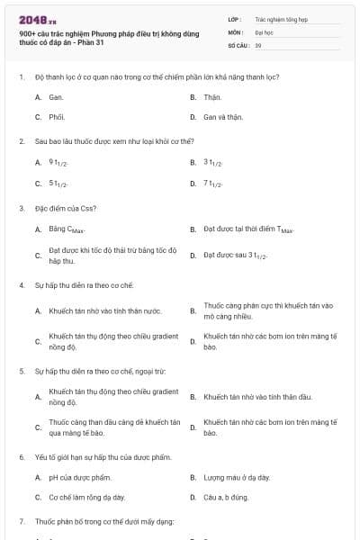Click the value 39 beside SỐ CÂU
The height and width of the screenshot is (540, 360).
[x=258, y=44]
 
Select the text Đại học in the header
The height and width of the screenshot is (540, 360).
[x=264, y=31]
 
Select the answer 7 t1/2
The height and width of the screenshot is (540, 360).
[x=214, y=184]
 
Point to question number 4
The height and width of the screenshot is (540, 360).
[x=21, y=285]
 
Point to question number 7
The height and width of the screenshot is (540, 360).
[x=21, y=521]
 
